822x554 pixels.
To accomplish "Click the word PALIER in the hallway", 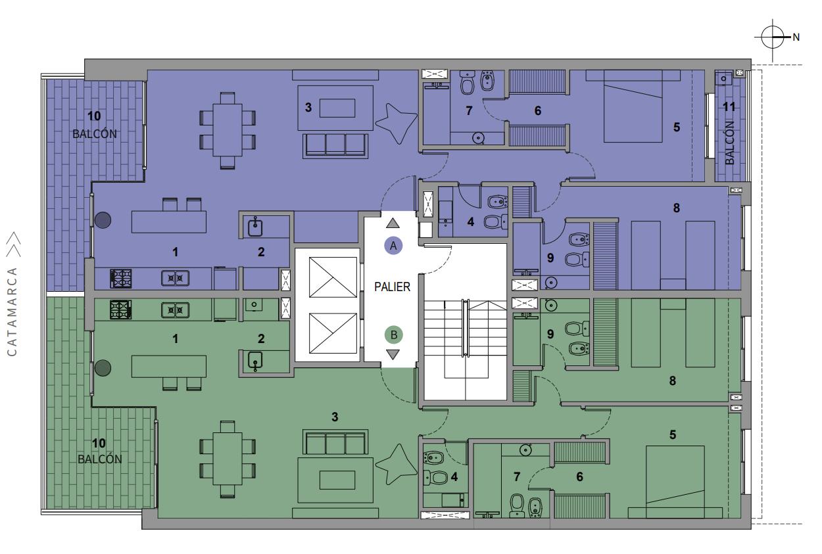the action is [392, 287].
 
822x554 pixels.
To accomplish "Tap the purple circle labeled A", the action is [393, 245].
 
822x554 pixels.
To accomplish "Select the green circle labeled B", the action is [393, 335].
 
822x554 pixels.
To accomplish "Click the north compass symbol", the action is [773, 37].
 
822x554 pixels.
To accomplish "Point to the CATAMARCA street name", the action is [12, 312].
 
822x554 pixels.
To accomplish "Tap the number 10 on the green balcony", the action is [99, 444].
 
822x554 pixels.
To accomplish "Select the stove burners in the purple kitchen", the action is [121, 279].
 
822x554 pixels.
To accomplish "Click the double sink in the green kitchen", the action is [175, 310].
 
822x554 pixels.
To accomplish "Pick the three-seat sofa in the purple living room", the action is [335, 146].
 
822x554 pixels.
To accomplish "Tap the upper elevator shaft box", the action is [333, 277].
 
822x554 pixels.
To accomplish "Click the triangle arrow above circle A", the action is [393, 223].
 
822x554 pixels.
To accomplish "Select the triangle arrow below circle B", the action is [393, 354].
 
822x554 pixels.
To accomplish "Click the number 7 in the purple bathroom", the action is [469, 110].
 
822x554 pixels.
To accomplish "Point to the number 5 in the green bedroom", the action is [672, 435].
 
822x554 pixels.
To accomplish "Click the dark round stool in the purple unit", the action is [103, 220].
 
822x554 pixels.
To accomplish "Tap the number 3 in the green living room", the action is [335, 417].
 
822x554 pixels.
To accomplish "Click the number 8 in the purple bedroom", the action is [676, 208].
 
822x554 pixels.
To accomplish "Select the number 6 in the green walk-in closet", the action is [579, 476].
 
